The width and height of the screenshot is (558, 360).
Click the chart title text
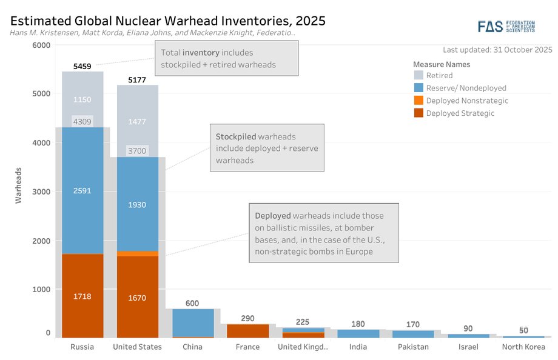(167, 21)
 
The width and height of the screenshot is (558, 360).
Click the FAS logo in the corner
(505, 26)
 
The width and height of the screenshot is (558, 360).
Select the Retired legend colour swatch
(418, 76)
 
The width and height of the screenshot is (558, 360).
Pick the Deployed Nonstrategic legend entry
(467, 101)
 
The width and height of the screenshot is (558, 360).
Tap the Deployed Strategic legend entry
(460, 113)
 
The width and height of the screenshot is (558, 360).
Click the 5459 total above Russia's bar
(82, 67)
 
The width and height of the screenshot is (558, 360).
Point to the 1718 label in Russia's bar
(82, 298)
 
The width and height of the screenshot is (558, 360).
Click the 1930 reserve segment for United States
(137, 205)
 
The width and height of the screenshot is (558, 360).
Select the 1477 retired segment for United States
(137, 122)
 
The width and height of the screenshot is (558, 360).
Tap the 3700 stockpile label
(137, 151)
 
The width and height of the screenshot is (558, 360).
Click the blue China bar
(193, 322)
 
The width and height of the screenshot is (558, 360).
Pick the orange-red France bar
(247, 330)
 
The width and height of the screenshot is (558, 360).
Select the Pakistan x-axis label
(413, 347)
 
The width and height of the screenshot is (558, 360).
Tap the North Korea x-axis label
(523, 347)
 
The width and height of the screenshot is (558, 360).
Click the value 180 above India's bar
(358, 324)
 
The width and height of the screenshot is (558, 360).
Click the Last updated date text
(497, 49)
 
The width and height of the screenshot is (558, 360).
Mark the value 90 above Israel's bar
(468, 328)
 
